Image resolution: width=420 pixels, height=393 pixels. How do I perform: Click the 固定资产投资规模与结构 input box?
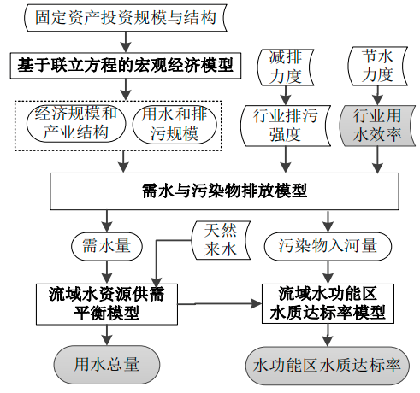126,17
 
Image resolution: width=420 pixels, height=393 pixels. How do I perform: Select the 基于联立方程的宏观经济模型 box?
126,66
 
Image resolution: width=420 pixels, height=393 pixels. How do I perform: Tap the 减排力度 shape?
286,67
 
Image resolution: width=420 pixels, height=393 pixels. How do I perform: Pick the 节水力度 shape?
377,66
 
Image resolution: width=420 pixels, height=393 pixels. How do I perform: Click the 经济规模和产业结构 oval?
76,124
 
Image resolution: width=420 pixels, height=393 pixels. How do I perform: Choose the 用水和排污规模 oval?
175,124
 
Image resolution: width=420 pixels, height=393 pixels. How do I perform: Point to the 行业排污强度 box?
286,126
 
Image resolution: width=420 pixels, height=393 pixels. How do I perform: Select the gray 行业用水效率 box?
377,126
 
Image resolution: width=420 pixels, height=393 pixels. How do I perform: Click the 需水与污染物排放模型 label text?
224,191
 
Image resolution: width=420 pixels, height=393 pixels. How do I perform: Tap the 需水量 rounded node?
107,246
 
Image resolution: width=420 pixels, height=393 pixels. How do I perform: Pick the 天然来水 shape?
221,240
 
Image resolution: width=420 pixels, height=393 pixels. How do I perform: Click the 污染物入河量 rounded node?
328,246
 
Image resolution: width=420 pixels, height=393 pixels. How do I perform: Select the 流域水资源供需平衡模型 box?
107,304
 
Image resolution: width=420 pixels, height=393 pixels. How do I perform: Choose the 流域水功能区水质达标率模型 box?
328,303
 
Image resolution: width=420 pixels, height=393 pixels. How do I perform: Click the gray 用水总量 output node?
107,365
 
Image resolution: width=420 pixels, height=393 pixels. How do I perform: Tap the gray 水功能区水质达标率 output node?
328,366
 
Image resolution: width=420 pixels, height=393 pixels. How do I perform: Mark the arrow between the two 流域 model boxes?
220,303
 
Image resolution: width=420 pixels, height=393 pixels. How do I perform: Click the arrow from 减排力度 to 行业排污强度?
286,96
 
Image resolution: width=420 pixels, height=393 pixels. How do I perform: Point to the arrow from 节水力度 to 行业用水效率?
377,96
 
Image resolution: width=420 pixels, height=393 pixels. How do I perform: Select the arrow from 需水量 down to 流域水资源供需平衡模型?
107,272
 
